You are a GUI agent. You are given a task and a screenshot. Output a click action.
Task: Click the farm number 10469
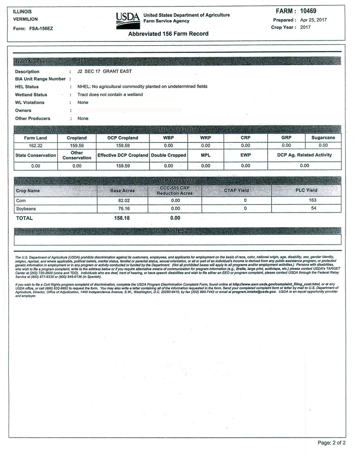[312, 11]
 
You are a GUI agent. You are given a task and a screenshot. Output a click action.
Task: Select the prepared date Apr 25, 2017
[314, 20]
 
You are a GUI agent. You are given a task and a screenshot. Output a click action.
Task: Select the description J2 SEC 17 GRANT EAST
[104, 71]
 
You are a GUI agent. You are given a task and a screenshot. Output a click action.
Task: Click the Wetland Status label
[31, 95]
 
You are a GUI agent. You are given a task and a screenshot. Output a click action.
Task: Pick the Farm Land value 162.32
[35, 145]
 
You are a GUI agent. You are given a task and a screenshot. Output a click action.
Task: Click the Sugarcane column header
[324, 138]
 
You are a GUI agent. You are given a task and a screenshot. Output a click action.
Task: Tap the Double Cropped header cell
[169, 155]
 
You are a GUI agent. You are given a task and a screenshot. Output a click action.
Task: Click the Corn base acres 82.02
[122, 200]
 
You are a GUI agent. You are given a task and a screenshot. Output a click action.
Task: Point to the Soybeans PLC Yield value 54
[313, 208]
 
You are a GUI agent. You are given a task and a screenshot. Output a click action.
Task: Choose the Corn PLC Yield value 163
[313, 199]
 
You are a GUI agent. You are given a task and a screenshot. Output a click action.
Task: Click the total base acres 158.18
[122, 218]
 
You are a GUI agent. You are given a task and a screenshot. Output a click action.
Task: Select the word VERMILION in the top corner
[26, 20]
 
